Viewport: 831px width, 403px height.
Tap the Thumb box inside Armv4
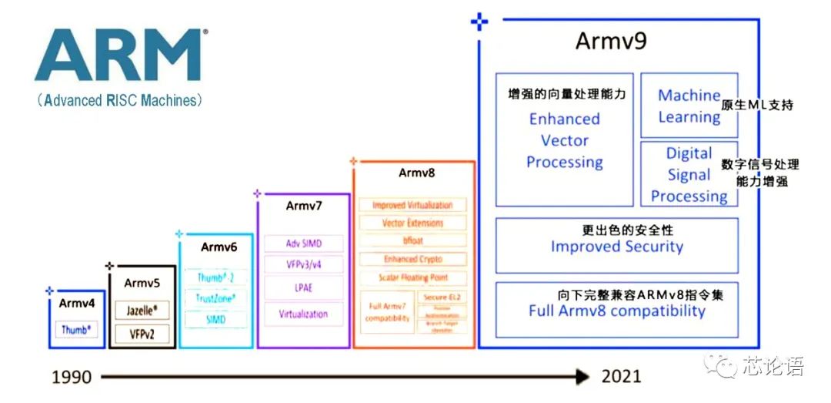[x=76, y=330]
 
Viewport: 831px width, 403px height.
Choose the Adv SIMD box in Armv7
[x=303, y=243]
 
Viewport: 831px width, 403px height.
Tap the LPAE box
[x=303, y=289]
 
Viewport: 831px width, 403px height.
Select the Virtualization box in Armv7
[x=303, y=314]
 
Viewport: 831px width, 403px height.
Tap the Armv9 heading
[x=611, y=42]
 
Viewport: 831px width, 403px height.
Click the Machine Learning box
[x=689, y=106]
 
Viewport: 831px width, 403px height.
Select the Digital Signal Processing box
[x=689, y=175]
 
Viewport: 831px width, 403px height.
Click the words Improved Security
[x=616, y=247]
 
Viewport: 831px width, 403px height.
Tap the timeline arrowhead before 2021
[x=583, y=376]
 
